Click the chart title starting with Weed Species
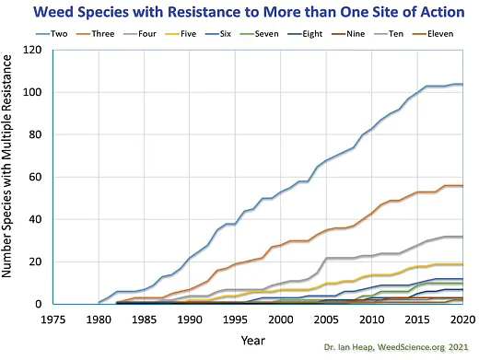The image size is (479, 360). (x=239, y=12)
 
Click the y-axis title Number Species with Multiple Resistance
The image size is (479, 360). (x=13, y=177)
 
